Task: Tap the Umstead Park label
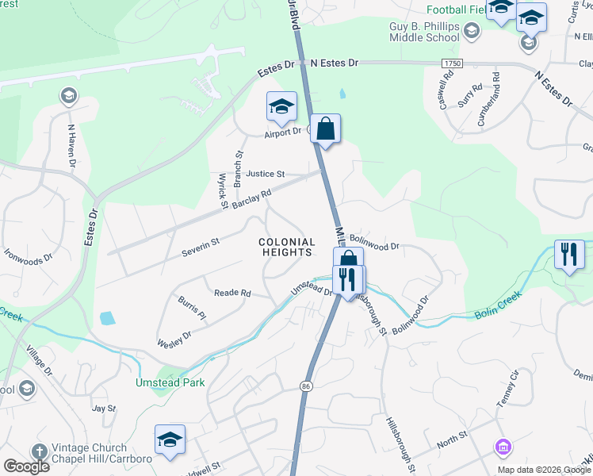point(170,382)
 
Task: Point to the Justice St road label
point(265,174)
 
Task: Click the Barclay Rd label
point(251,198)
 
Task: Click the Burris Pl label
point(191,310)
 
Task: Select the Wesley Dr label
point(174,339)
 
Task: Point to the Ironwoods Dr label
point(28,256)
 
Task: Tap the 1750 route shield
point(452,62)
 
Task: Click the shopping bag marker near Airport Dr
point(325,129)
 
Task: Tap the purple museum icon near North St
point(501,447)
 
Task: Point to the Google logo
point(26,466)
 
